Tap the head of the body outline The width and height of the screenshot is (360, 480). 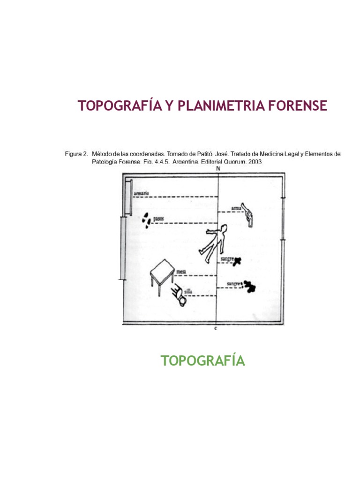pyautogui.click(x=224, y=228)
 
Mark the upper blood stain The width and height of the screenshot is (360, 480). pyautogui.click(x=238, y=261)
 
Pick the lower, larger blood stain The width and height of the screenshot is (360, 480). pyautogui.click(x=249, y=286)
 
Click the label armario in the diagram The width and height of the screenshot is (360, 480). pyautogui.click(x=141, y=193)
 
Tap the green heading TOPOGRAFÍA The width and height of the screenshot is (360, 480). pyautogui.click(x=202, y=361)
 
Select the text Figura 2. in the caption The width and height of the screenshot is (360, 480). pyautogui.click(x=76, y=153)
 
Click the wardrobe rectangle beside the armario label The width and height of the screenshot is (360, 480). pyautogui.click(x=129, y=196)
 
